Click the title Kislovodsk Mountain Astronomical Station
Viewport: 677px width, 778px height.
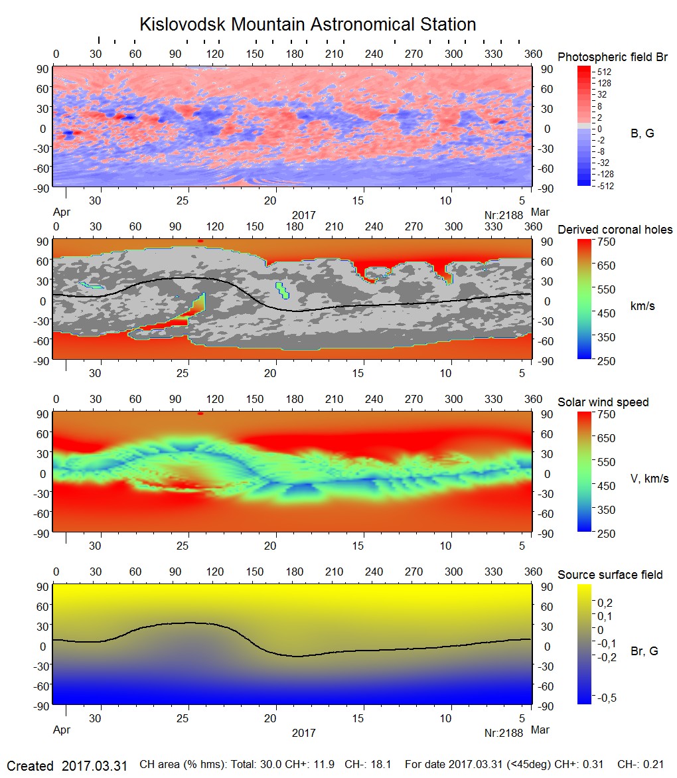(307, 25)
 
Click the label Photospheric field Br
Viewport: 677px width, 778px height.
(612, 57)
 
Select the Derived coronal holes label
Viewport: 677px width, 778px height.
(615, 230)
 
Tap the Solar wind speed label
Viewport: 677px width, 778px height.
(603, 402)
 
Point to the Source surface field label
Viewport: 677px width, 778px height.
(610, 574)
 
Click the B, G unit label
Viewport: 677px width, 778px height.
(642, 133)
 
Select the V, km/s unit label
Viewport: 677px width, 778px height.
(649, 479)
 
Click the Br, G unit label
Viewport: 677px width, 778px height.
(644, 651)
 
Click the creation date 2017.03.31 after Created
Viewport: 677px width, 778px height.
(94, 765)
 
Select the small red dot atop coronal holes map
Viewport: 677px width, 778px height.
(200, 240)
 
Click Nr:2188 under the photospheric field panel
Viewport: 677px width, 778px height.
(504, 215)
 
